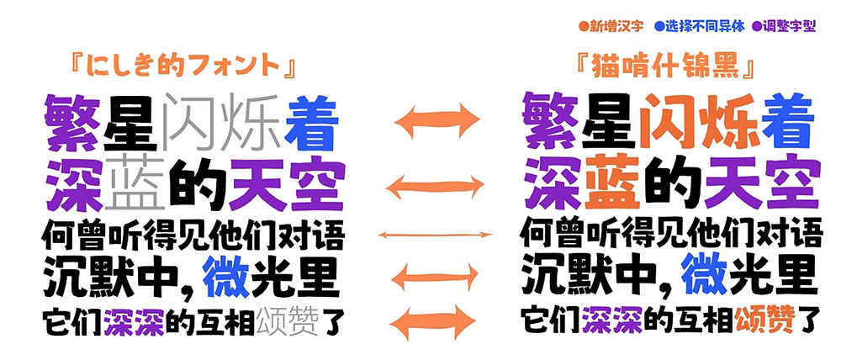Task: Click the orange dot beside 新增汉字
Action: pos(584,26)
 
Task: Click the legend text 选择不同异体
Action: pos(705,26)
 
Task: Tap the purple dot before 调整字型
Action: pos(757,26)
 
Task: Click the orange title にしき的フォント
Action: pos(184,66)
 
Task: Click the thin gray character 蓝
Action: pos(135,182)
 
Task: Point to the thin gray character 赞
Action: pos(304,320)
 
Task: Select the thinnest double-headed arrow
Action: pos(435,235)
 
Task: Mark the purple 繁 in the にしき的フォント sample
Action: pos(72,122)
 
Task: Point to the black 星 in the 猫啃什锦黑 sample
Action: pos(608,121)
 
